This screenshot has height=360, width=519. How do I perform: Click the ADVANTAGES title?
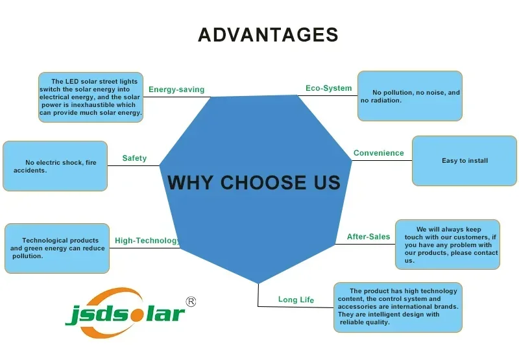click(x=268, y=35)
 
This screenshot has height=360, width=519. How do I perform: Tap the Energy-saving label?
click(x=176, y=90)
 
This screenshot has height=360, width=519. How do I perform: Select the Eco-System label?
click(x=329, y=88)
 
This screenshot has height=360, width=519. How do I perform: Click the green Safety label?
click(x=134, y=158)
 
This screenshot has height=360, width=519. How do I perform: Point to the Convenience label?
click(x=379, y=153)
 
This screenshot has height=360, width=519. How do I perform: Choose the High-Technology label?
click(x=148, y=241)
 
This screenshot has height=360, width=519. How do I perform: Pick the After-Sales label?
click(x=368, y=237)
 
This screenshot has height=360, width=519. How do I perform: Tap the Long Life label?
click(x=296, y=300)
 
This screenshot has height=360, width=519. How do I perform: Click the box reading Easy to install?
click(x=465, y=161)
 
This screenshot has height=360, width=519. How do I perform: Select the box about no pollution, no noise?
click(x=410, y=96)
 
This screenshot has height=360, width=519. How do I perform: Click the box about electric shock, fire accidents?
click(x=55, y=166)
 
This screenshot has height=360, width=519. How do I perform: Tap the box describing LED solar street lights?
click(x=91, y=97)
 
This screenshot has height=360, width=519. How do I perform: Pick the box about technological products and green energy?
click(x=57, y=248)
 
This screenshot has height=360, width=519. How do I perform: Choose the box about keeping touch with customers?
click(x=448, y=245)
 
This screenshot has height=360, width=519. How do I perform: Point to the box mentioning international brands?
click(x=398, y=307)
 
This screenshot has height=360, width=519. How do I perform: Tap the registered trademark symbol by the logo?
click(x=191, y=302)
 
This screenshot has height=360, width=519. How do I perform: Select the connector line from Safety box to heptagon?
click(x=134, y=166)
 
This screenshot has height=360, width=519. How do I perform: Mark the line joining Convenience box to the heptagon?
click(x=382, y=161)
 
